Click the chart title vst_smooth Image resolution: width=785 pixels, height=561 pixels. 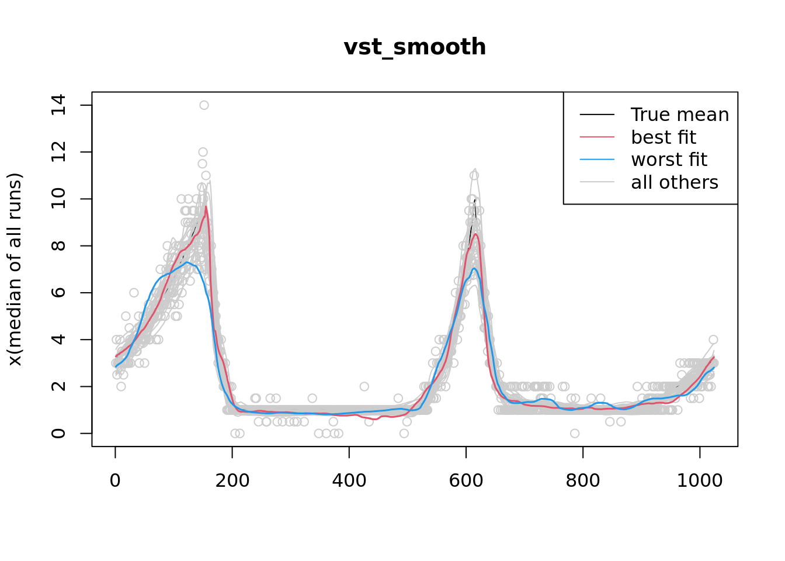click(415, 47)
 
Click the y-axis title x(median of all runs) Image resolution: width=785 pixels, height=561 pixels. click(15, 269)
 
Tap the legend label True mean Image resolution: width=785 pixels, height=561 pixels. click(679, 115)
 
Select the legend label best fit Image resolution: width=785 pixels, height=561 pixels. click(663, 137)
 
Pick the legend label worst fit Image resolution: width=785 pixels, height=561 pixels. click(669, 160)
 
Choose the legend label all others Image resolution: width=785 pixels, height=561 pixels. click(674, 182)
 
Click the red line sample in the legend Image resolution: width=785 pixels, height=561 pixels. click(597, 137)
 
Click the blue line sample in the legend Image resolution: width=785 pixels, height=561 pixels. click(597, 160)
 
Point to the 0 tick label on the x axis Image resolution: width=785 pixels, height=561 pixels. click(115, 480)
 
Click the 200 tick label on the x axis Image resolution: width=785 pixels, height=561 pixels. click(232, 480)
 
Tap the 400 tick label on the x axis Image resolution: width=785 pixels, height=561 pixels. click(349, 480)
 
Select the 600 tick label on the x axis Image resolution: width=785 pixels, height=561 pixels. click(466, 480)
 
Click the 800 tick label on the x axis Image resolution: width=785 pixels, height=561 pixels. click(583, 480)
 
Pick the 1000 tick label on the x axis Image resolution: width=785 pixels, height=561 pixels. click(700, 480)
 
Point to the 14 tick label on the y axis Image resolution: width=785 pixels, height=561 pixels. click(58, 105)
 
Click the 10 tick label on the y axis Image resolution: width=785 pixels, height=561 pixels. click(58, 199)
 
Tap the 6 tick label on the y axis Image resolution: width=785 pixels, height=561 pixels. click(58, 293)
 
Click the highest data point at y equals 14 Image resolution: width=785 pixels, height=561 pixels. click(204, 105)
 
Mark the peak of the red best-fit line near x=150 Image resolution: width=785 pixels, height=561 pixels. click(206, 206)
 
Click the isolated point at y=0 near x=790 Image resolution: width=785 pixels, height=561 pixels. click(575, 433)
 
